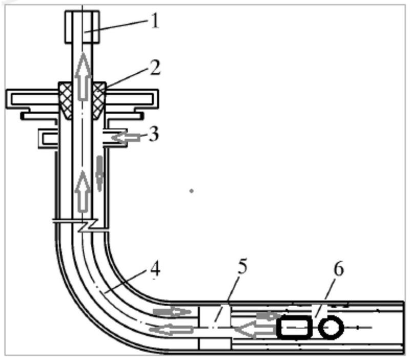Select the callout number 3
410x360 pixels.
pos(154,135)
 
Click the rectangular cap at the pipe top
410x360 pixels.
pos(82,27)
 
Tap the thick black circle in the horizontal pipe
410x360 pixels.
pos(331,328)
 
